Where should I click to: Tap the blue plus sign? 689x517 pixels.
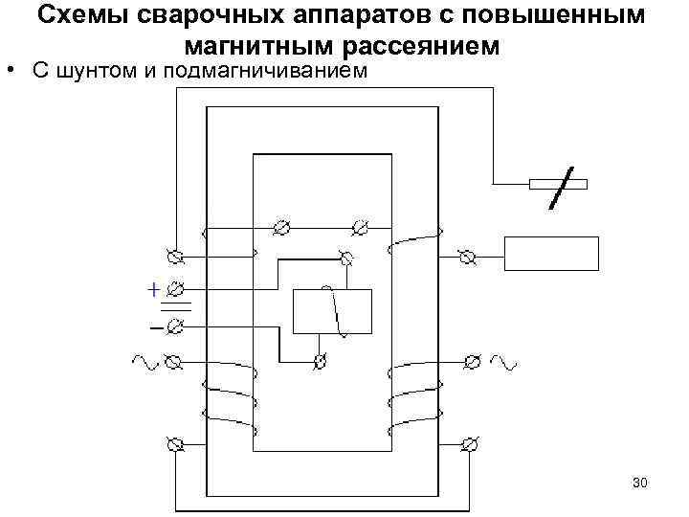(152, 288)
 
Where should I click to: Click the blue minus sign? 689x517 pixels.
(154, 328)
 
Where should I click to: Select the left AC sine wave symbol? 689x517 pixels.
(144, 362)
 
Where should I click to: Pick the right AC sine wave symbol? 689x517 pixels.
(503, 362)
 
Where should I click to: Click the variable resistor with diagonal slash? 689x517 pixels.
(558, 185)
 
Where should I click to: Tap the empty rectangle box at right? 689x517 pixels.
(551, 255)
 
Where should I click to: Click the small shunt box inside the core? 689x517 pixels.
(331, 310)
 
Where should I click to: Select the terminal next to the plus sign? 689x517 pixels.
(176, 287)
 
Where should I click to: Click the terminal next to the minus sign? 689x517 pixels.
(175, 327)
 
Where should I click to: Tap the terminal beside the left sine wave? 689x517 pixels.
(173, 362)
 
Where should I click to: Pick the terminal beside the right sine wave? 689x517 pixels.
(471, 362)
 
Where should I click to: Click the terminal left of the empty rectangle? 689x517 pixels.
(467, 257)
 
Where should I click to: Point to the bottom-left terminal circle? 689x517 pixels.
(174, 444)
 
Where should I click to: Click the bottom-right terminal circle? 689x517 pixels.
(469, 444)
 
